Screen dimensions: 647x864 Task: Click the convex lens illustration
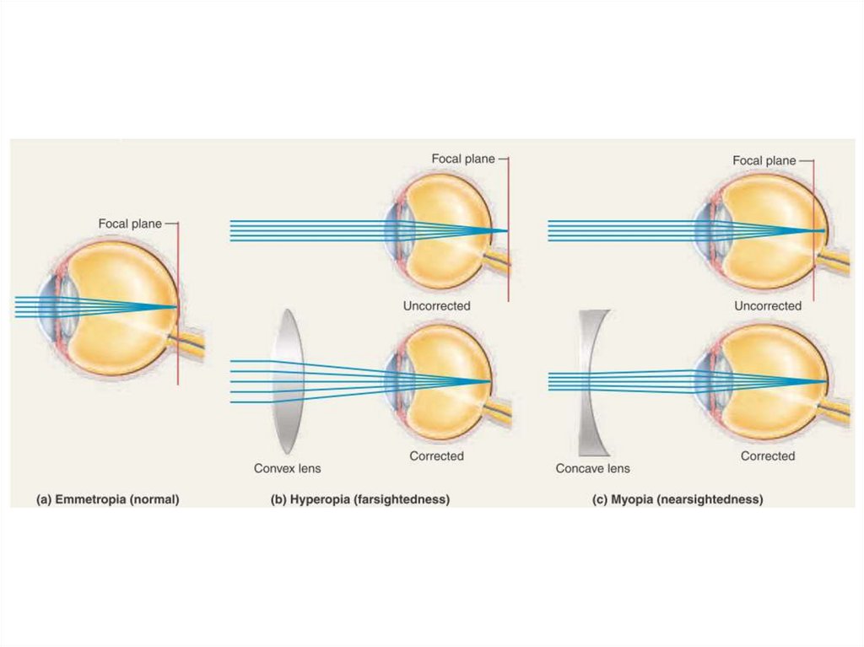click(x=288, y=381)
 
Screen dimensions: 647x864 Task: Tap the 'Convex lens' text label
click(x=287, y=468)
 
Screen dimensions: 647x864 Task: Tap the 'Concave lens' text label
click(x=592, y=468)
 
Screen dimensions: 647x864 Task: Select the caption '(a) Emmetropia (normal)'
click(x=107, y=499)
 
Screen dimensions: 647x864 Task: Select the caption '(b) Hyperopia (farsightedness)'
click(x=359, y=499)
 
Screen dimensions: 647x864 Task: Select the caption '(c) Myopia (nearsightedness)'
click(x=678, y=499)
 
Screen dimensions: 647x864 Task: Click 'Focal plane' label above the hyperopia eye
click(x=463, y=159)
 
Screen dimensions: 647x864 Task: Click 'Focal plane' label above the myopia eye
click(x=764, y=160)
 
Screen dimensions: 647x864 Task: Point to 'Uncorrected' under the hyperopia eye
click(x=436, y=305)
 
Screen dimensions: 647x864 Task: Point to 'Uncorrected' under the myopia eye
click(x=768, y=305)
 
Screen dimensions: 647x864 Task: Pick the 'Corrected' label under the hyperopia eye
click(x=436, y=456)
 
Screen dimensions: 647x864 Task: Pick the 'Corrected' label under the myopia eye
click(x=768, y=456)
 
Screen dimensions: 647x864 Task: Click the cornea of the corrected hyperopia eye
click(x=389, y=380)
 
